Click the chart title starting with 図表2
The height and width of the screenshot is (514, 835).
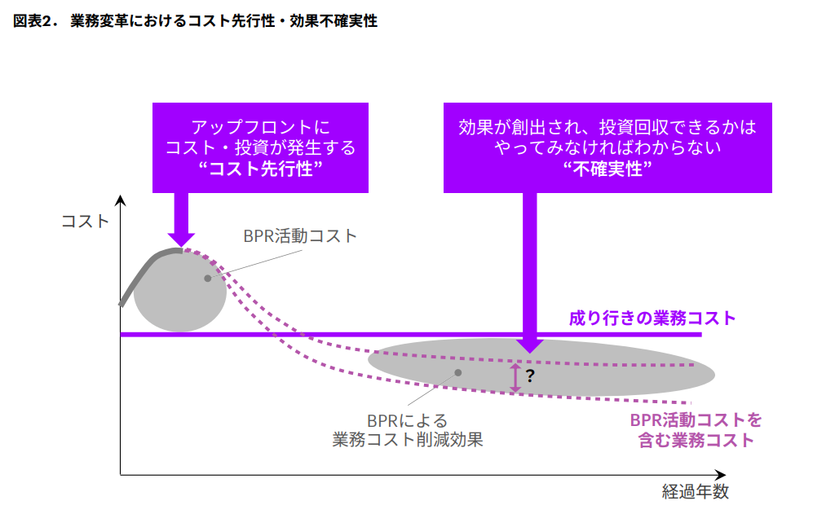(195, 21)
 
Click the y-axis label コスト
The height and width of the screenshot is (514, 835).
(85, 222)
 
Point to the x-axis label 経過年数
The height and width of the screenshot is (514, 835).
(696, 492)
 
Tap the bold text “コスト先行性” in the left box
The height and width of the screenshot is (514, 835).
(260, 169)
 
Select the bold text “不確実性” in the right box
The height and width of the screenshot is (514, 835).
(607, 169)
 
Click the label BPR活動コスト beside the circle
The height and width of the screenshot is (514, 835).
(300, 236)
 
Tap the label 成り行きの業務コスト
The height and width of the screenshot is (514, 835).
(652, 319)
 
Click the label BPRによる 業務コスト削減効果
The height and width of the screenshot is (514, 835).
(408, 430)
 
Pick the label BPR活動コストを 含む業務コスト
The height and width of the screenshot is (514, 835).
(696, 430)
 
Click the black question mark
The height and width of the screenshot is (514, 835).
(530, 376)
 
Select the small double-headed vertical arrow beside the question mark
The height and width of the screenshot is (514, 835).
(515, 378)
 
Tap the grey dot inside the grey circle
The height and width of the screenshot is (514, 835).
(208, 279)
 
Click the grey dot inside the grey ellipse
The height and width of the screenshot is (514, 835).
(458, 372)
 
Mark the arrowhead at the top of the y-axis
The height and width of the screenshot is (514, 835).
(121, 200)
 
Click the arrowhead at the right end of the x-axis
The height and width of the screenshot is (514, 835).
(721, 475)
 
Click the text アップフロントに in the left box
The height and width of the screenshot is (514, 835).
(260, 127)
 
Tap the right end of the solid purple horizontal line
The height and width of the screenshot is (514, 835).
(701, 335)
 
